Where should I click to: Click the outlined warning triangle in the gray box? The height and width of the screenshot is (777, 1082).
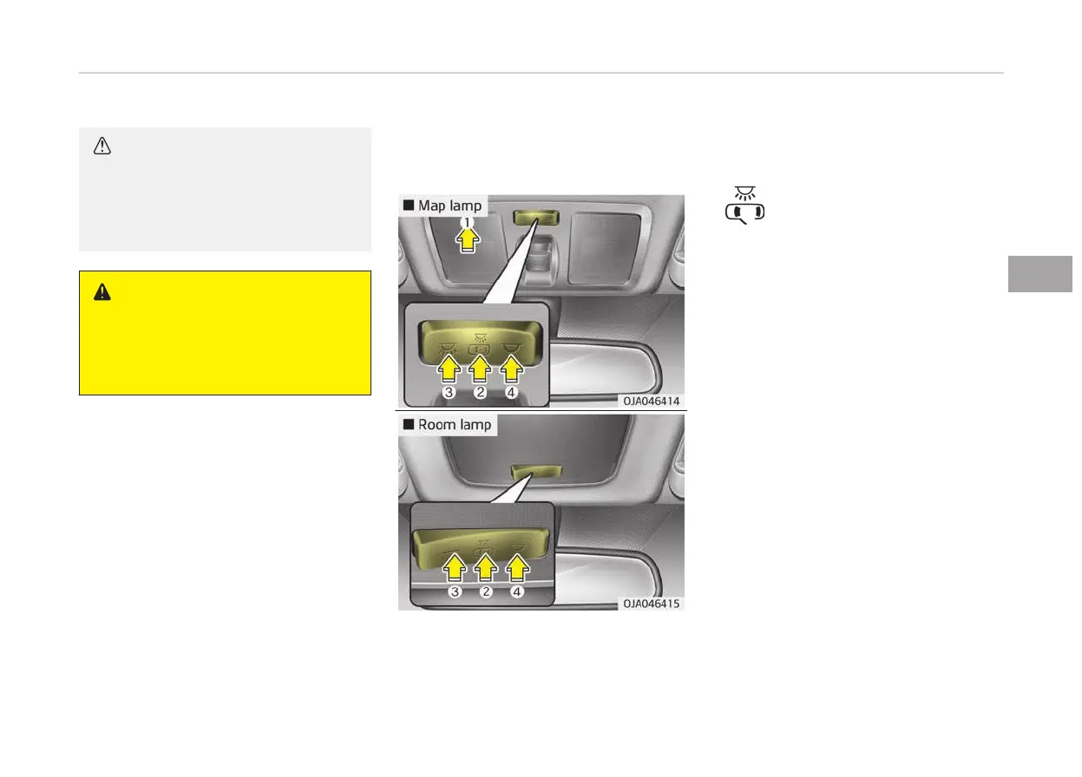102,147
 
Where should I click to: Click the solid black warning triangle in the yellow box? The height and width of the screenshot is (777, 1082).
102,293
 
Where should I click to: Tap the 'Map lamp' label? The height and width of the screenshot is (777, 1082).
443,206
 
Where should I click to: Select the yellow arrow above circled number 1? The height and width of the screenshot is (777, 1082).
467,238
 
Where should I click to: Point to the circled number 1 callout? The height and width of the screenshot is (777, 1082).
467,221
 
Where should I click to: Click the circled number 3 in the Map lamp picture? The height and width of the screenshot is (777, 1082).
449,393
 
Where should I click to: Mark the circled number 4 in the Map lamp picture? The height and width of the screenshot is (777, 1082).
512,393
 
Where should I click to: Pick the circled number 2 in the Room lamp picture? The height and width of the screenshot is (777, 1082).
486,592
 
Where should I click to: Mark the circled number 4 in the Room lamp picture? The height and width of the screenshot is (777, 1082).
517,592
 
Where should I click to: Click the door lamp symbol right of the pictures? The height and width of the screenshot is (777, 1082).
744,205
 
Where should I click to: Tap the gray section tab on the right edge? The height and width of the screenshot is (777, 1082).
1041,274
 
